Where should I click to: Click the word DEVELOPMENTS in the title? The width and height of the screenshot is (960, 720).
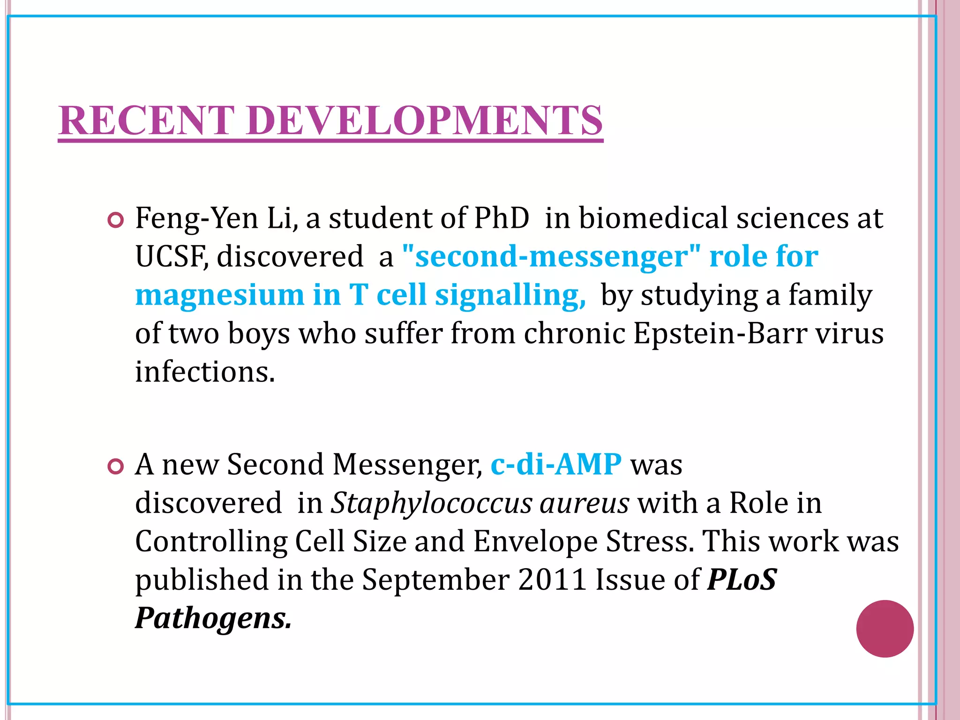click(x=424, y=120)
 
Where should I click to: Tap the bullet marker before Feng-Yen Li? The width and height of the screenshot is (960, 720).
click(x=115, y=220)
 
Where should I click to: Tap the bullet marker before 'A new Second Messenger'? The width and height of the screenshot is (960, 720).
click(x=115, y=466)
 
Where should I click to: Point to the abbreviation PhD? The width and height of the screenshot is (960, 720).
click(x=501, y=218)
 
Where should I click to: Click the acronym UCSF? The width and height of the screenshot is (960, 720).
click(x=171, y=257)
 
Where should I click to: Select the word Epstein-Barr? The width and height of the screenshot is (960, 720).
click(x=720, y=334)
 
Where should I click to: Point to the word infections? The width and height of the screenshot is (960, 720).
click(x=205, y=372)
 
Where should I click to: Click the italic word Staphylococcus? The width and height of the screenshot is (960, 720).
click(x=431, y=504)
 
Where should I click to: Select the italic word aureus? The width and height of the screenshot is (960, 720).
click(x=584, y=504)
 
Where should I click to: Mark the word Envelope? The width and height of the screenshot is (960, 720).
click(x=535, y=542)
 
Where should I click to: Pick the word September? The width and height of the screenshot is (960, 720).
click(x=435, y=581)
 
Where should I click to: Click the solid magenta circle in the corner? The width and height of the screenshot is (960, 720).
click(x=885, y=629)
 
